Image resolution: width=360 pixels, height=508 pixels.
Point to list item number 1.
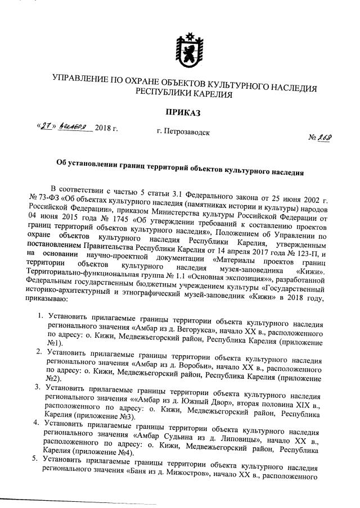point(39,314)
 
